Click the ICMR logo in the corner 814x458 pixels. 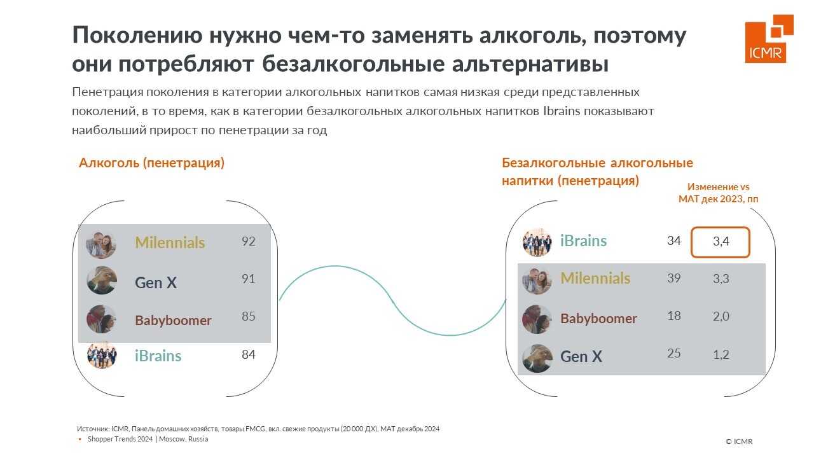click(769, 39)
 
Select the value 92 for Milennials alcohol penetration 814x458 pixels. click(249, 241)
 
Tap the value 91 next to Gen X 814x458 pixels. click(249, 279)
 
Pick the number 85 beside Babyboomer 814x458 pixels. click(249, 316)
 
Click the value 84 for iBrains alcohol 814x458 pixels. click(249, 354)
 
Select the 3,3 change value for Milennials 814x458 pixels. click(721, 279)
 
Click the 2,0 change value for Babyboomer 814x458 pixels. click(721, 316)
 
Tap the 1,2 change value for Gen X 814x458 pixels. click(721, 354)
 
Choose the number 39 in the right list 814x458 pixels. click(673, 278)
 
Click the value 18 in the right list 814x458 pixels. click(673, 316)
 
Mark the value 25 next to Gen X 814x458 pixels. click(673, 353)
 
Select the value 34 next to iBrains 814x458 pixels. click(673, 240)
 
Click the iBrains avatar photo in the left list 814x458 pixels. click(102, 355)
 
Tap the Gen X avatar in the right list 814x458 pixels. click(537, 358)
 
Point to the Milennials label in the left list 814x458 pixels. click(170, 242)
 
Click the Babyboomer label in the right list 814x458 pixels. click(598, 319)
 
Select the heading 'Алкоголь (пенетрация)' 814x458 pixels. click(151, 163)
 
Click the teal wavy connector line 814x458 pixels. click(392, 301)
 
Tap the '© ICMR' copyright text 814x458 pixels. click(739, 441)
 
